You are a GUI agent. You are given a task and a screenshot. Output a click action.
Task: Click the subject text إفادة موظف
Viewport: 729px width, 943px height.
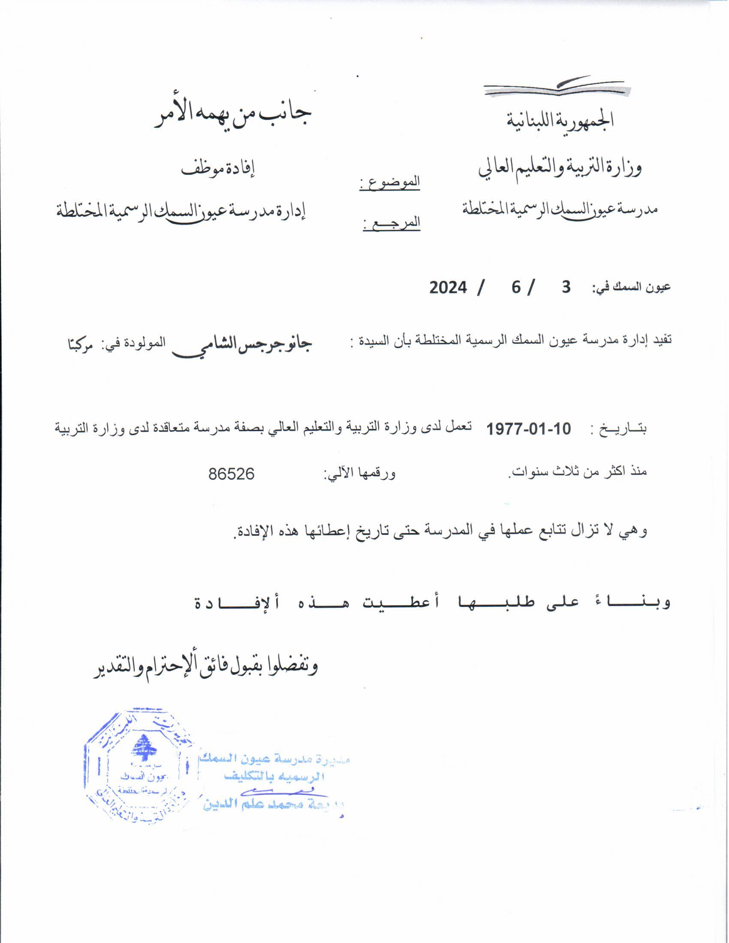218,168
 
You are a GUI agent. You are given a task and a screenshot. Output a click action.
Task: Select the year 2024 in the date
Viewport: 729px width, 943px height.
448,287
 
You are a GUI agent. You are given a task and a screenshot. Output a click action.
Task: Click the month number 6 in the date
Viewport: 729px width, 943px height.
516,287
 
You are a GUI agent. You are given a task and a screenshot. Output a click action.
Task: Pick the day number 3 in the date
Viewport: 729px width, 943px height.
566,287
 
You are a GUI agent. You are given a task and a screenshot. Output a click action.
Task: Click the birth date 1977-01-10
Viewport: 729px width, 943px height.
529,429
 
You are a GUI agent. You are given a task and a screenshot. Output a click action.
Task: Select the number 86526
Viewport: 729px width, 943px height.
232,474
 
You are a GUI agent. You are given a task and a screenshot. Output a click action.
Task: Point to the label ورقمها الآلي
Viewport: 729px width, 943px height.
360,474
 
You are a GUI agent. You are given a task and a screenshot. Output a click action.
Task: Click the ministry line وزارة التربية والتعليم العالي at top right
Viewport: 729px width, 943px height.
560,168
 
